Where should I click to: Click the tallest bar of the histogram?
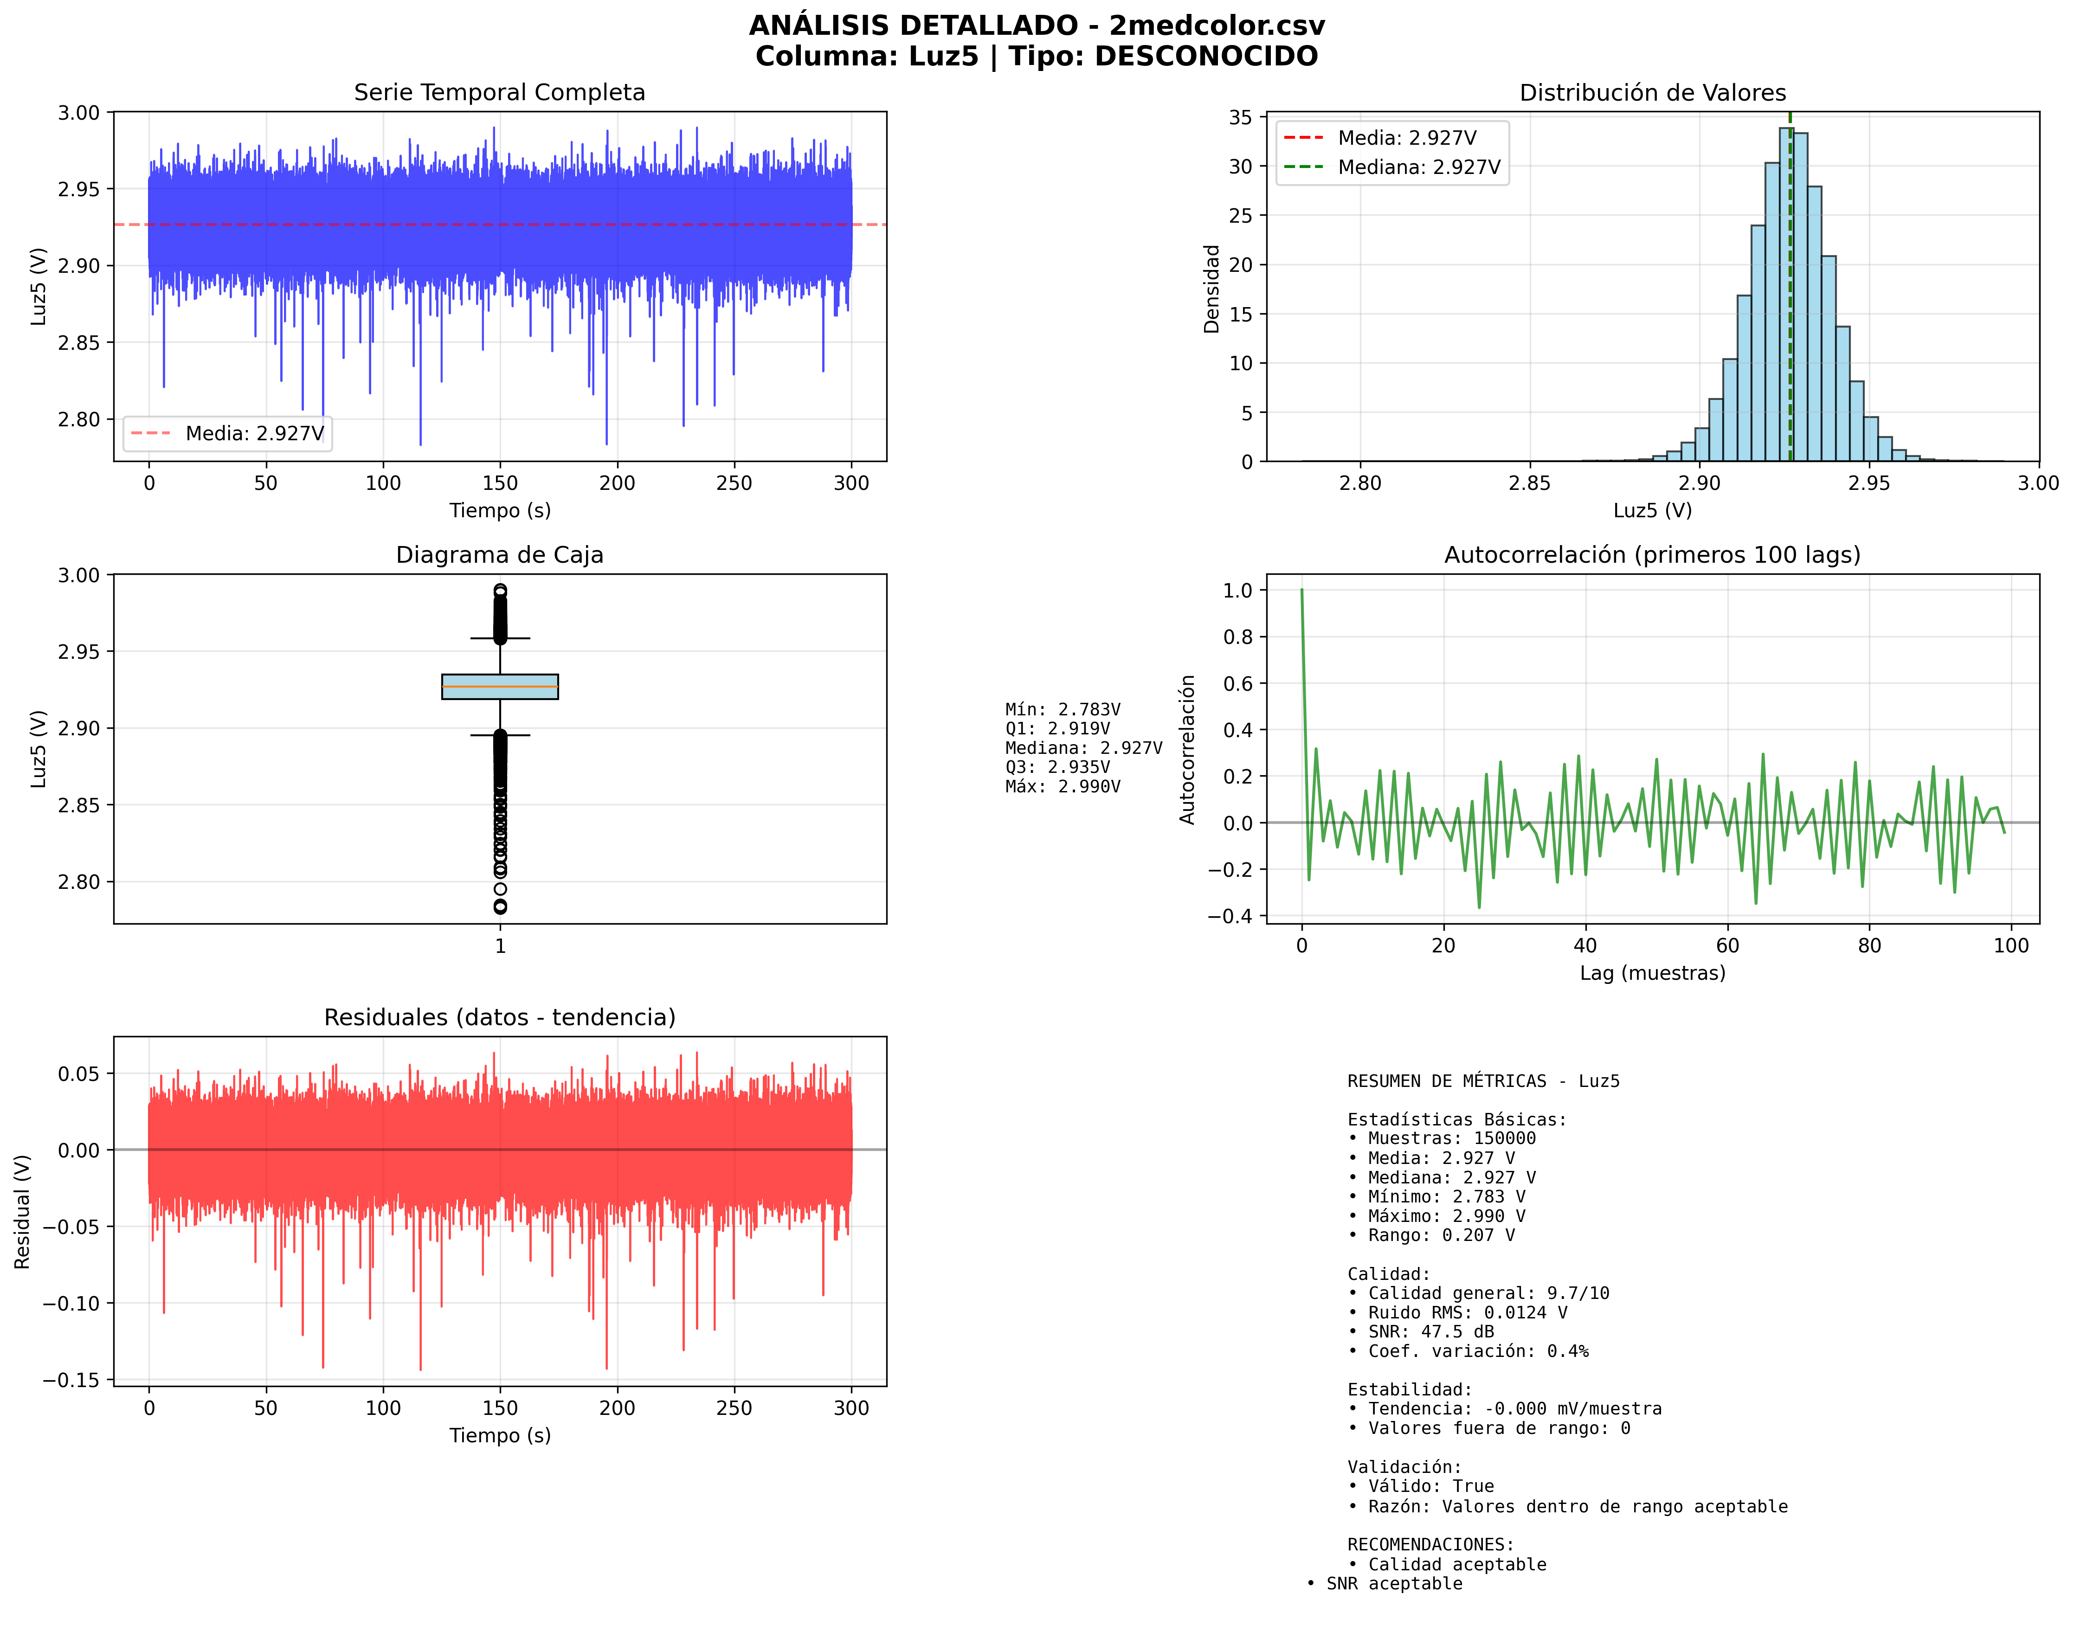pyautogui.click(x=1785, y=286)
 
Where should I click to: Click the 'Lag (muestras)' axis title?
pyautogui.click(x=1652, y=973)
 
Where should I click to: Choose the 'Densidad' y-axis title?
pyautogui.click(x=1211, y=289)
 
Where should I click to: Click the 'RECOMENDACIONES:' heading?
pyautogui.click(x=1430, y=1544)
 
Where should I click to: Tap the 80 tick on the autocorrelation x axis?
pyautogui.click(x=1869, y=945)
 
